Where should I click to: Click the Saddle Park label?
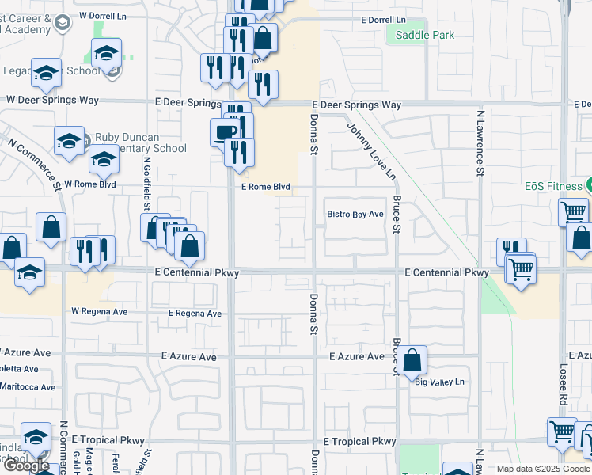click(x=425, y=35)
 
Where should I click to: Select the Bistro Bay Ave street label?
click(x=355, y=215)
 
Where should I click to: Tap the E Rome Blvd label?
click(x=266, y=188)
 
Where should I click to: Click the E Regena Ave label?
click(x=195, y=313)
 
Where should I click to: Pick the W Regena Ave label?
click(x=99, y=311)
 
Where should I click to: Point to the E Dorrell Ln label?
click(x=382, y=19)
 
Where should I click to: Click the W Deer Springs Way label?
click(x=52, y=101)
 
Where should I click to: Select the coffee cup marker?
click(x=224, y=132)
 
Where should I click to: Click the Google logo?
click(x=26, y=465)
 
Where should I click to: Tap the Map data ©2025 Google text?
click(x=542, y=469)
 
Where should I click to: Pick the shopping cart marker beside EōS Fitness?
click(x=573, y=211)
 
